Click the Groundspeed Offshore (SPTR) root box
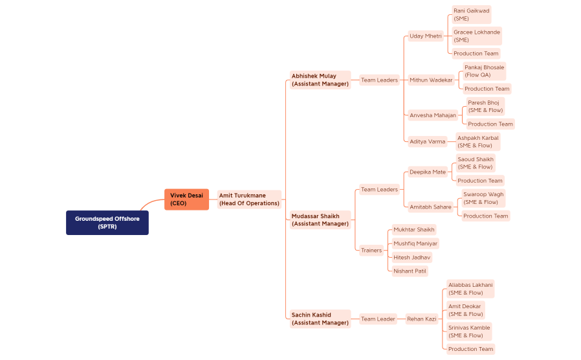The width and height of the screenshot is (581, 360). pos(107,223)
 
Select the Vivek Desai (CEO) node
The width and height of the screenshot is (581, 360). pos(186,199)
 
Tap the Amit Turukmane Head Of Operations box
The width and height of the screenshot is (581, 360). pos(249,199)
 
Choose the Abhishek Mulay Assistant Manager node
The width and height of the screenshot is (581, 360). pos(320,80)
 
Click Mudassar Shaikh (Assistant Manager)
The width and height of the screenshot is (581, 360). pos(320,220)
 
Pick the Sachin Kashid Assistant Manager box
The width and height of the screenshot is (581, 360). pos(320,319)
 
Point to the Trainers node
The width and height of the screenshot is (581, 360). pos(371,250)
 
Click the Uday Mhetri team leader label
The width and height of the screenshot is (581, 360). pos(426,36)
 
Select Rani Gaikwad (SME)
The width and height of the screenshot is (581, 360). pos(470,14)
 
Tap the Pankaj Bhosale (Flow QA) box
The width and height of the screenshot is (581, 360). pos(484,71)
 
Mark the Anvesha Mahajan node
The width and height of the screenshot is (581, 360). pos(433,115)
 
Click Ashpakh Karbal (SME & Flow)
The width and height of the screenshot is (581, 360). pos(477,142)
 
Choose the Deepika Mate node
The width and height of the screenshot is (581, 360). pos(428,172)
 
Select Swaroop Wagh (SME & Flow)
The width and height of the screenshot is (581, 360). pos(483,198)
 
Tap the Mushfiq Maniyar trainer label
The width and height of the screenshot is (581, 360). pos(415,243)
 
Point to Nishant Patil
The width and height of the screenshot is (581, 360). pos(410,271)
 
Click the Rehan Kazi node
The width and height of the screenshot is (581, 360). pos(421,319)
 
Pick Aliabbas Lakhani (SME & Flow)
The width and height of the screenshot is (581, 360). pos(470,289)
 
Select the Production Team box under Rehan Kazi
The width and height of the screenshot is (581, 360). pos(470,349)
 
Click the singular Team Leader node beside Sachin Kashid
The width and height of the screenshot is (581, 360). pos(378,319)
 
